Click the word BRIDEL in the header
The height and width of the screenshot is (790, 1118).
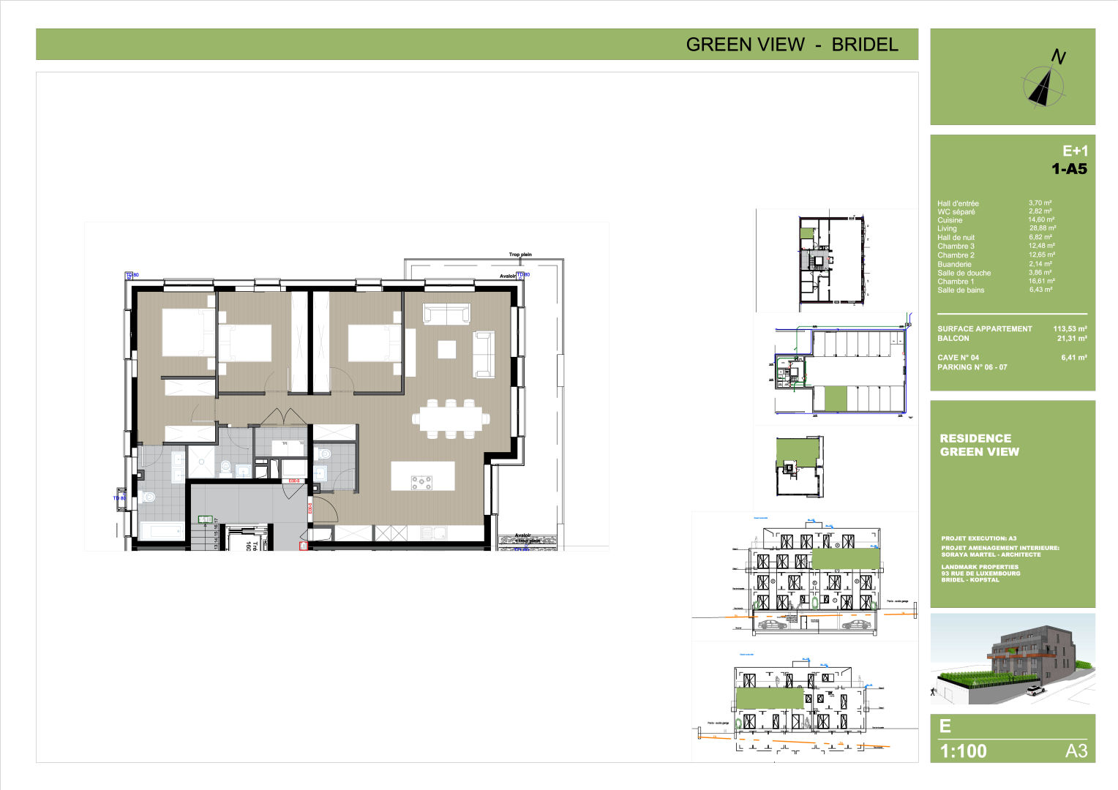pyautogui.click(x=865, y=45)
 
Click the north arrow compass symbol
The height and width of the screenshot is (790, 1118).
pyautogui.click(x=1045, y=85)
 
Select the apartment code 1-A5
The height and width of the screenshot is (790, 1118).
pyautogui.click(x=1069, y=169)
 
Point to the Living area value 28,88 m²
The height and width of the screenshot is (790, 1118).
pyautogui.click(x=1042, y=228)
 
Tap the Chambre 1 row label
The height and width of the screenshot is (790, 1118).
pyautogui.click(x=956, y=282)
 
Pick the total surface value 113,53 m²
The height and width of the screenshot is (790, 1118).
pyautogui.click(x=1070, y=329)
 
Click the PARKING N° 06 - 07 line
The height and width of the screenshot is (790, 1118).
pyautogui.click(x=972, y=367)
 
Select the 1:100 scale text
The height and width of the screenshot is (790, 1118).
pyautogui.click(x=963, y=751)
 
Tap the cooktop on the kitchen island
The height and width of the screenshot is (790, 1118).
pyautogui.click(x=421, y=481)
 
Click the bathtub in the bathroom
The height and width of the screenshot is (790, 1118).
pyautogui.click(x=161, y=530)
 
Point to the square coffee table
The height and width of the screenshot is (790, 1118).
pyautogui.click(x=446, y=350)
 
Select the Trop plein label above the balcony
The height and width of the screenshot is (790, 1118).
pyautogui.click(x=520, y=255)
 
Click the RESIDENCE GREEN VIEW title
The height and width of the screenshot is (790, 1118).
pyautogui.click(x=979, y=445)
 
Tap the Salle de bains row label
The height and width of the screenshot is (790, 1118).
pyautogui.click(x=961, y=290)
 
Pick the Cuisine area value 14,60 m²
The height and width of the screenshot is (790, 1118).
pyautogui.click(x=1041, y=219)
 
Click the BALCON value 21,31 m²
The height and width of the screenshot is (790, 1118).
pyautogui.click(x=1071, y=339)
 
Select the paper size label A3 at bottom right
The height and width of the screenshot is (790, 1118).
pyautogui.click(x=1076, y=751)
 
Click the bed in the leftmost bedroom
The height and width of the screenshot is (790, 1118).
pyautogui.click(x=187, y=333)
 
